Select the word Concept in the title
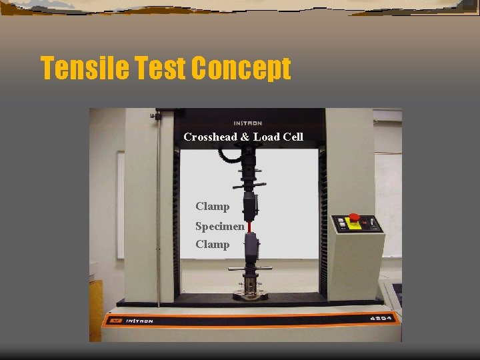pyautogui.click(x=241, y=69)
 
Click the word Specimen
pyautogui.click(x=219, y=226)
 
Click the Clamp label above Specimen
pyautogui.click(x=212, y=207)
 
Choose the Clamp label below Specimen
pyautogui.click(x=212, y=245)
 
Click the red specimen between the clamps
pyautogui.click(x=249, y=227)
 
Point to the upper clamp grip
pyautogui.click(x=249, y=206)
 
